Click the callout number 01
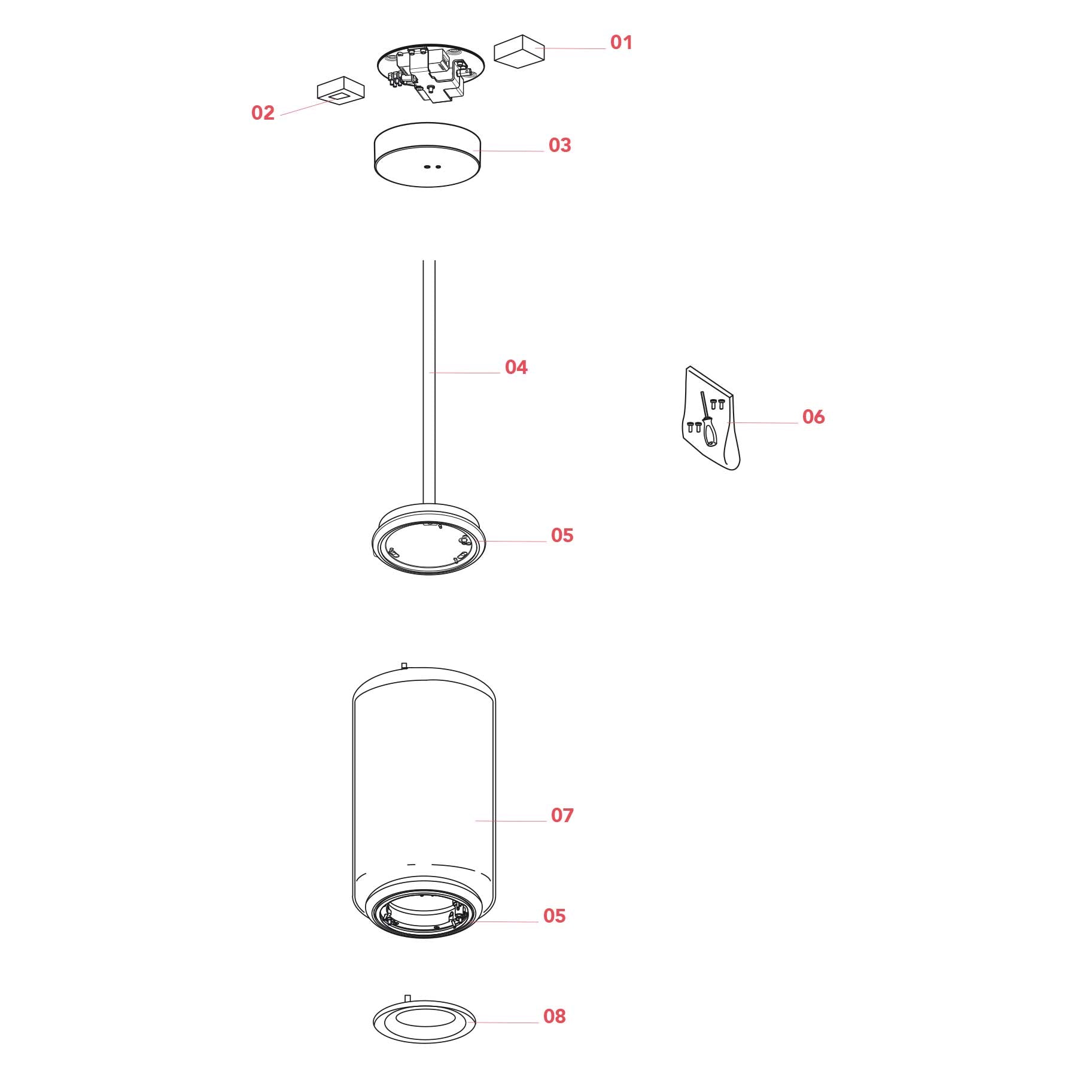[621, 42]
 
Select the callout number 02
[263, 112]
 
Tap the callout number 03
[560, 145]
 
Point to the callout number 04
[516, 367]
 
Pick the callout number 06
[814, 416]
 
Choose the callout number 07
[562, 815]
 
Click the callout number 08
[555, 1016]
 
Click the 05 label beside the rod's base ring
[562, 535]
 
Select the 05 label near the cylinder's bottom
[555, 915]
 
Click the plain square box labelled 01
[519, 48]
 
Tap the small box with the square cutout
[340, 90]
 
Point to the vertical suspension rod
[429, 383]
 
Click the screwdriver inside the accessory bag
[708, 419]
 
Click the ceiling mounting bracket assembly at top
[430, 72]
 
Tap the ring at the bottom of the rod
[428, 540]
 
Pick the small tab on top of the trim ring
[408, 998]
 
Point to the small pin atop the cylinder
[404, 665]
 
